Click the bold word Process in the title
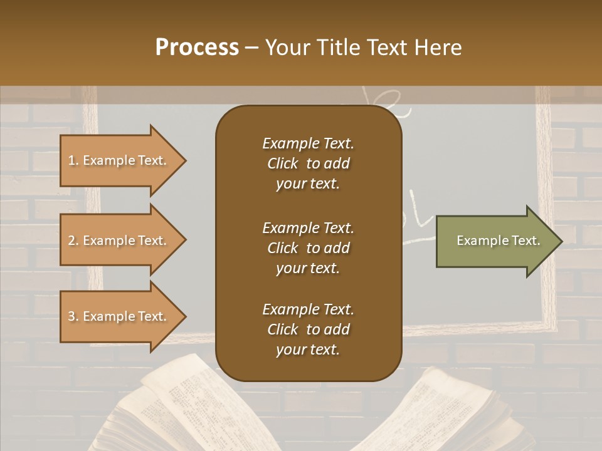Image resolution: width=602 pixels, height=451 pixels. pos(197,48)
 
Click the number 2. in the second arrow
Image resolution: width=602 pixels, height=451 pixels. pos(73,241)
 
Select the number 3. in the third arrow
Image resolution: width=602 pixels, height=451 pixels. pos(73,316)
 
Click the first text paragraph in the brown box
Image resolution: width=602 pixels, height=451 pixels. pos(308,163)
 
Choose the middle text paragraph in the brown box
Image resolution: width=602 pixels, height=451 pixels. pos(308,247)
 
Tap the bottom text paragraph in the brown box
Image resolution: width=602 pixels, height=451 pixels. pos(308,329)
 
